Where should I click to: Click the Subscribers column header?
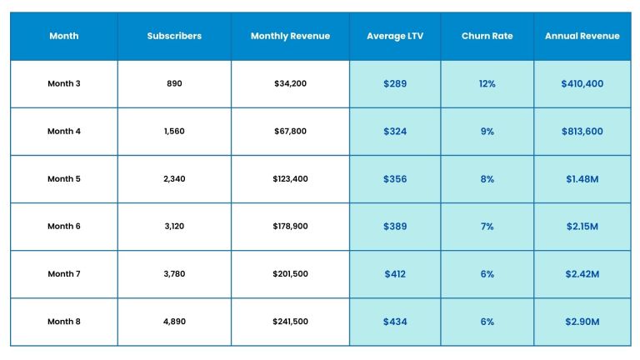(x=174, y=37)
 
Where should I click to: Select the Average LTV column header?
(x=395, y=37)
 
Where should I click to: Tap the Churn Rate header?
(x=487, y=37)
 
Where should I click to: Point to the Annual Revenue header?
(x=582, y=37)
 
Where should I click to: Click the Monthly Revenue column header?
(x=290, y=37)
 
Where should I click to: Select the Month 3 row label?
(x=64, y=84)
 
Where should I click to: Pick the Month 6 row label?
(x=64, y=227)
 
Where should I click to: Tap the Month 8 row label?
(x=64, y=322)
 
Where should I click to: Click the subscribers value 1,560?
(x=174, y=132)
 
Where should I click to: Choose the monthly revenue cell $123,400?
(x=290, y=179)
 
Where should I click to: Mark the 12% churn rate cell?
(x=487, y=84)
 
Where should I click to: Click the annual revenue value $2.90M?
(x=582, y=322)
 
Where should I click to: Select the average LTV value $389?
(x=395, y=227)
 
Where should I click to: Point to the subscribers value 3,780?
(x=174, y=274)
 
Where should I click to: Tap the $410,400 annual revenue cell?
(x=582, y=84)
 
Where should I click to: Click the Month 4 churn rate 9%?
(x=487, y=132)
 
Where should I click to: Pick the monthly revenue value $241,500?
(x=290, y=322)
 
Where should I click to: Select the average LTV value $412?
(x=395, y=274)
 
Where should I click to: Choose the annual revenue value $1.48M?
(x=582, y=179)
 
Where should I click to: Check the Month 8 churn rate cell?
(x=487, y=322)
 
